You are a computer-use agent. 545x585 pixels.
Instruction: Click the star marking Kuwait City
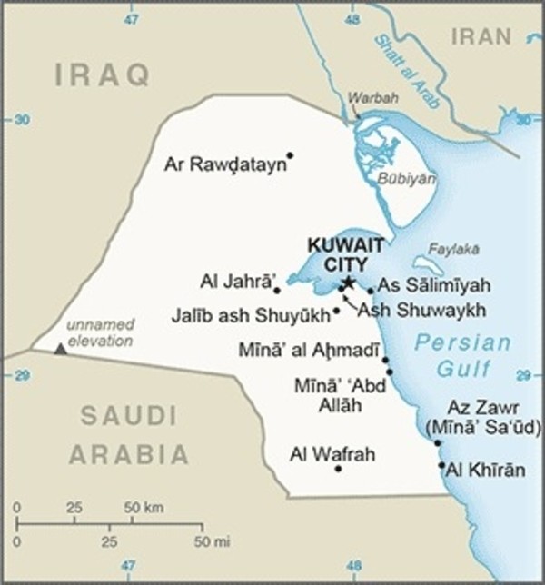[347, 282]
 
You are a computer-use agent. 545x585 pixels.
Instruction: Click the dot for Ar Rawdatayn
[290, 155]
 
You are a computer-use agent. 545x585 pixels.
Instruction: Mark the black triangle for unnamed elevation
[60, 348]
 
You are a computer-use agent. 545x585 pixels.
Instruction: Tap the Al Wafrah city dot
[338, 469]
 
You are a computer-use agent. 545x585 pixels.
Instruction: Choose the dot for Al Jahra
[277, 292]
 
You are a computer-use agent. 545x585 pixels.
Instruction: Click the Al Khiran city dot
[441, 466]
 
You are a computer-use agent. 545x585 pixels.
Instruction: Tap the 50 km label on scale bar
[144, 505]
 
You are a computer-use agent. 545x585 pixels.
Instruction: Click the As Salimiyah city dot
[371, 291]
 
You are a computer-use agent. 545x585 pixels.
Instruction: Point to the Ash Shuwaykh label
[415, 310]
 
